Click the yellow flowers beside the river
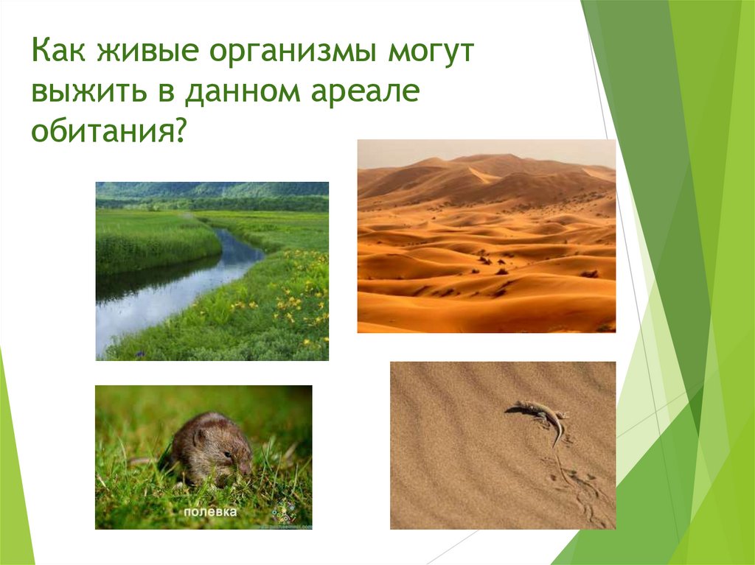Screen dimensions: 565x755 (x=295, y=295)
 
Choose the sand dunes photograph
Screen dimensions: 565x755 (x=486, y=243)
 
